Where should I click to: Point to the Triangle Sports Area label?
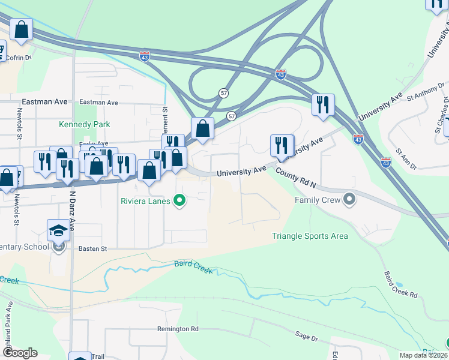tap(310, 236)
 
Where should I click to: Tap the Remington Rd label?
tap(178, 329)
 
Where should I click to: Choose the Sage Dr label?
tap(306, 338)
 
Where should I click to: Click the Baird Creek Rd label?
tap(400, 284)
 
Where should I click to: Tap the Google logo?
tap(20, 353)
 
